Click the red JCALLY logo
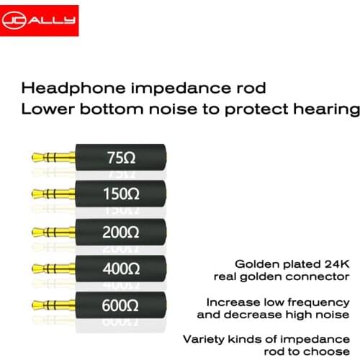(41, 21)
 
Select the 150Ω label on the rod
(122, 194)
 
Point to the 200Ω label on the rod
(122, 231)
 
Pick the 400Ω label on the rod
(122, 268)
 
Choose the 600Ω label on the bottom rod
(122, 305)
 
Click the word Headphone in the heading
(66, 89)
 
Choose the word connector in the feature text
(316, 276)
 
